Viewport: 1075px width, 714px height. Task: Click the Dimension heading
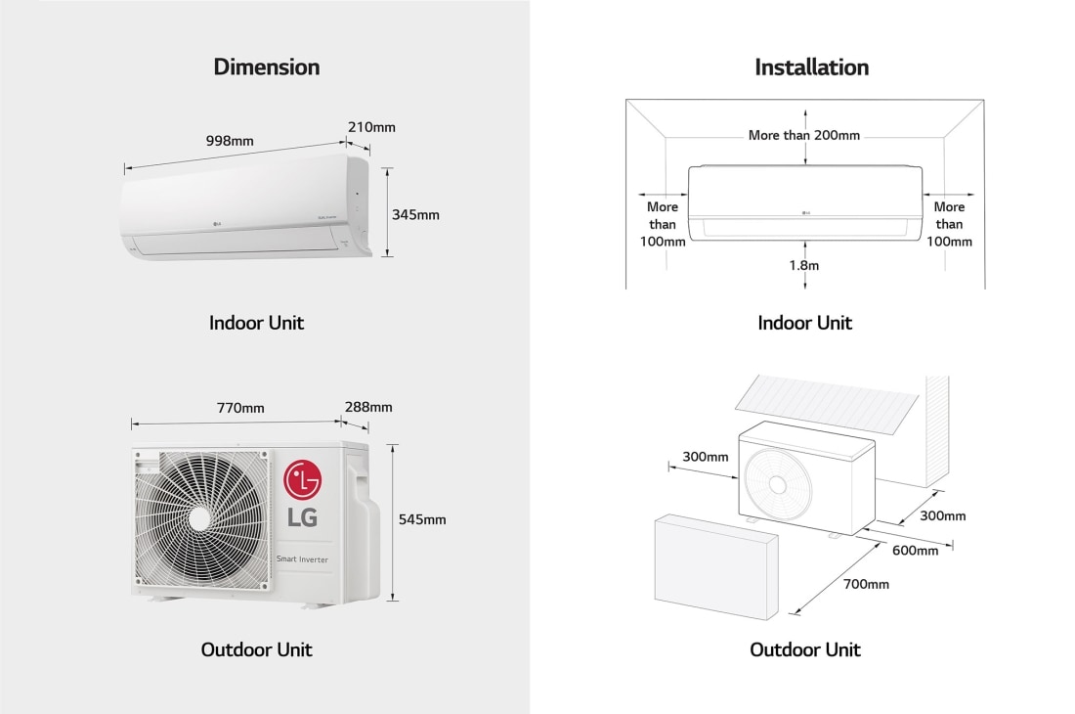[x=266, y=67]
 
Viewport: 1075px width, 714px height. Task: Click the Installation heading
[x=811, y=67]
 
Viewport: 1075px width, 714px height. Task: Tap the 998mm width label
[x=230, y=141]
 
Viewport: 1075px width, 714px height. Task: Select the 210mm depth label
[x=371, y=127]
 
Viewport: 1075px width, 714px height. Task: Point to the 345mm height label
[x=415, y=214]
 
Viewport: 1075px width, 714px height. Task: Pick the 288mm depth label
[x=368, y=407]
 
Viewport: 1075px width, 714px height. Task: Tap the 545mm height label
[x=422, y=519]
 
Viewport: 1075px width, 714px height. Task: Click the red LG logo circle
[x=302, y=481]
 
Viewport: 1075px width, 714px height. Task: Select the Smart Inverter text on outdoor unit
[x=308, y=559]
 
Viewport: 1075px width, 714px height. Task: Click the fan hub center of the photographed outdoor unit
[x=201, y=517]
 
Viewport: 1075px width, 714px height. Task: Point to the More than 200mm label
[x=804, y=135]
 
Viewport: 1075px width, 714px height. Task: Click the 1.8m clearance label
[x=804, y=265]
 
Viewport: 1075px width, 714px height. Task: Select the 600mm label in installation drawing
[x=915, y=551]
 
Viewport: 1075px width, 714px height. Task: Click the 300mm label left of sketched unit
[x=706, y=457]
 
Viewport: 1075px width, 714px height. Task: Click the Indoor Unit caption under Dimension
[x=256, y=323]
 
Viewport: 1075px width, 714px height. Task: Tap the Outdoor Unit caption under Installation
[x=804, y=649]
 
